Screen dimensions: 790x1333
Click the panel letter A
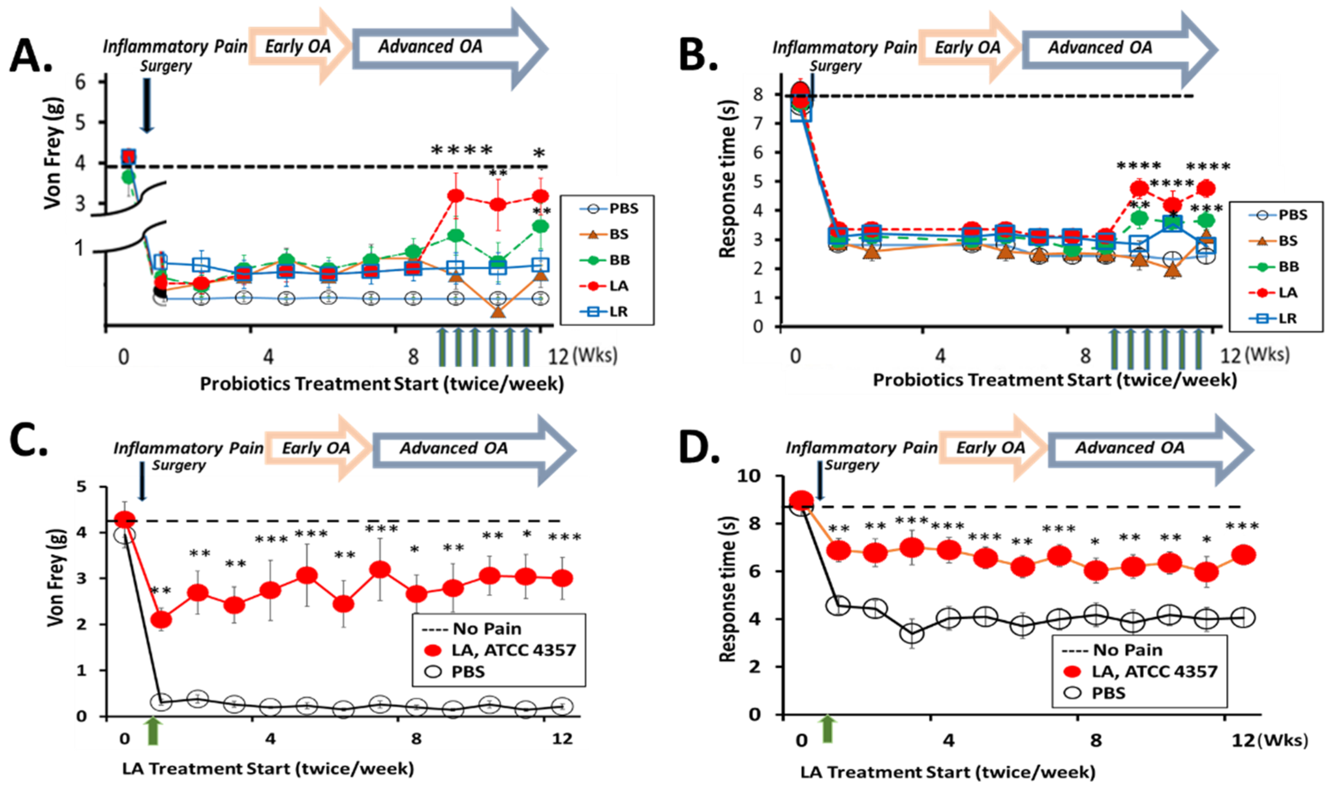point(31,56)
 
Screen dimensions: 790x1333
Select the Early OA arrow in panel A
point(298,47)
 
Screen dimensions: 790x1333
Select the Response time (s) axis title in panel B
point(727,178)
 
